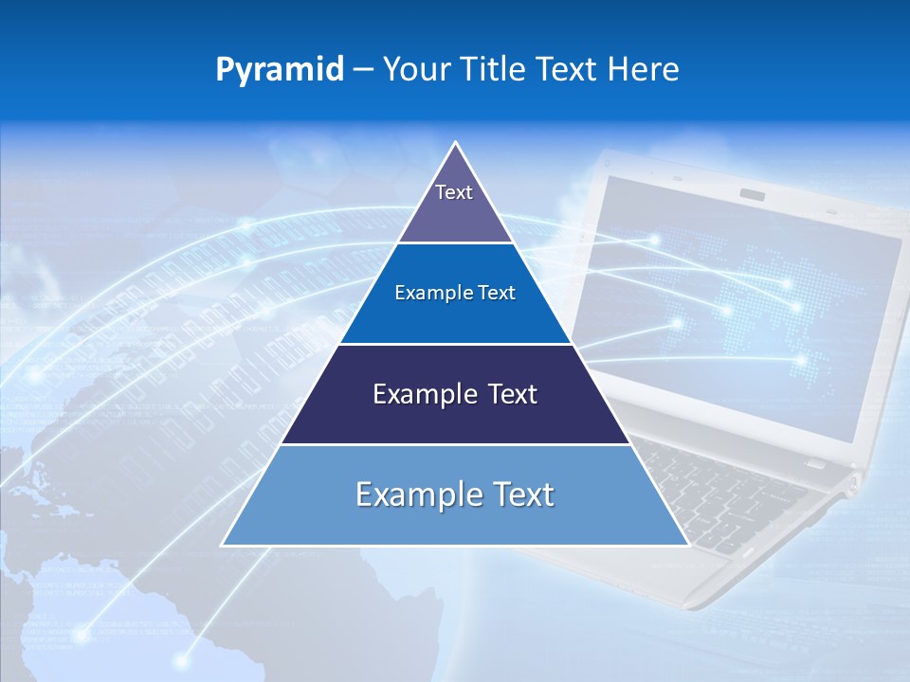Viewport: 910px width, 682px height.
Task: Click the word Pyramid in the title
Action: (280, 70)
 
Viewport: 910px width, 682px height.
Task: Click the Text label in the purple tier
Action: (454, 192)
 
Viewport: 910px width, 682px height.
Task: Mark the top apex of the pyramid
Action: (456, 143)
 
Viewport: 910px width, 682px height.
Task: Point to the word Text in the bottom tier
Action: (523, 494)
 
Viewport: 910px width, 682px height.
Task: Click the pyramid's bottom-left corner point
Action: (223, 545)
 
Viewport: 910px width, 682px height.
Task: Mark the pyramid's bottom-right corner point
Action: (688, 545)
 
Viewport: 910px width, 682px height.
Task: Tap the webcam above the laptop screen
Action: (753, 194)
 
